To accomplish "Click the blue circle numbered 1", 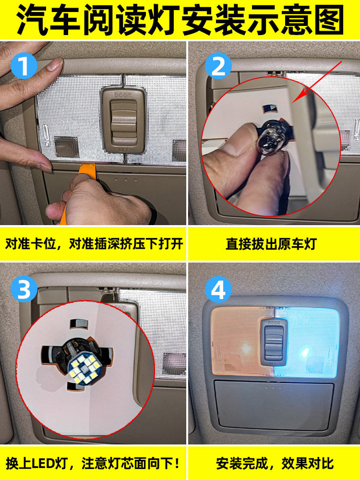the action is pos(24,66).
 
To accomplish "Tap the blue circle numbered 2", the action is pos(218,66).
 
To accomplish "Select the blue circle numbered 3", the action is pos(24,289).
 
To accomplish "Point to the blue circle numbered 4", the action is pos(218,289).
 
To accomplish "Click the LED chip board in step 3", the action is pos(83,369).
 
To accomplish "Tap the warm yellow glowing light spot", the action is pos(245,348).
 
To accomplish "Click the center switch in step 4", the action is pos(274,341).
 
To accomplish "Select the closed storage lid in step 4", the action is pos(274,405).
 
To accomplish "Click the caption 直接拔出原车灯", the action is pos(271,244).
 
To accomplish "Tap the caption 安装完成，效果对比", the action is pos(275,464).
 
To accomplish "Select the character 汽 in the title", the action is pos(32,20).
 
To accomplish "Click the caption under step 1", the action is pos(94,244).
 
